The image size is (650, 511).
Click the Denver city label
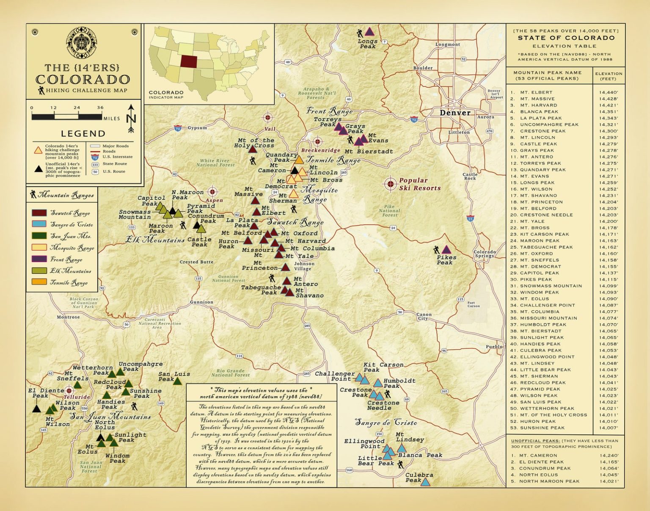tap(455, 113)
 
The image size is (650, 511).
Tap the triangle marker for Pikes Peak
tap(446, 250)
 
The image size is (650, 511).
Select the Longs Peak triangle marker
tap(369, 32)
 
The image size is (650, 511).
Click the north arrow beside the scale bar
tap(131, 119)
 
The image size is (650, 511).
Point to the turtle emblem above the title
tap(82, 43)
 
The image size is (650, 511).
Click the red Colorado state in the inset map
tap(189, 61)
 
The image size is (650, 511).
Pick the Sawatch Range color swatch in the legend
tap(39, 213)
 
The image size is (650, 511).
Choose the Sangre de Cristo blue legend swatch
tap(39, 224)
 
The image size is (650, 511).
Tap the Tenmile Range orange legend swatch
tap(39, 282)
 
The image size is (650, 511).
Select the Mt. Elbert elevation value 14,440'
tap(608, 92)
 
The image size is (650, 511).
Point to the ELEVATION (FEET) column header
tap(609, 76)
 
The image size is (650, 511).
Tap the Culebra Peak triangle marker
tap(425, 482)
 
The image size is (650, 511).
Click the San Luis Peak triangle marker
tap(178, 381)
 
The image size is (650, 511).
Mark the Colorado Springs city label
tap(485, 254)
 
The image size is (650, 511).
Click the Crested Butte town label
tap(196, 262)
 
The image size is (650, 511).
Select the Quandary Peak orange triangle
tap(299, 160)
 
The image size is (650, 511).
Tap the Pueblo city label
tap(494, 347)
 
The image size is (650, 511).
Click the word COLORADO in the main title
tap(83, 80)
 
